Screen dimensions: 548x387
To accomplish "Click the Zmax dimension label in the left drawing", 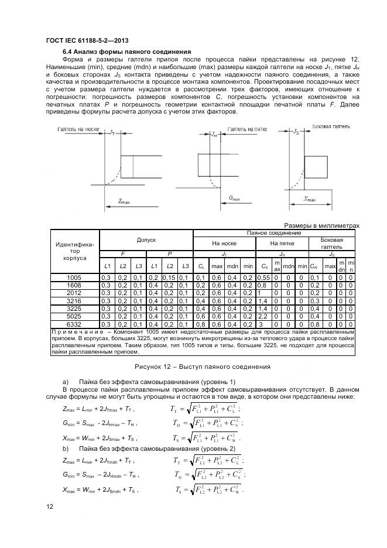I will tap(124, 201).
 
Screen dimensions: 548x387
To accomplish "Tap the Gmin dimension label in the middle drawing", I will tap(235, 198).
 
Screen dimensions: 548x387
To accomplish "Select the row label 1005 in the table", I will tap(74, 277).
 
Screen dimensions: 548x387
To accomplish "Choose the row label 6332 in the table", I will tap(74, 323).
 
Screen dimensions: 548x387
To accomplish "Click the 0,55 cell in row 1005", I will tap(263, 277).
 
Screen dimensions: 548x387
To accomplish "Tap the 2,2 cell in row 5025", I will tap(262, 316).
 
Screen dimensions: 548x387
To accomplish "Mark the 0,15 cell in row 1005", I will tap(169, 277).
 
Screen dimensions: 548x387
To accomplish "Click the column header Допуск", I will tap(146, 240).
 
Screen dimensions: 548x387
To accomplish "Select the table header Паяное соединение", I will tap(274, 232).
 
